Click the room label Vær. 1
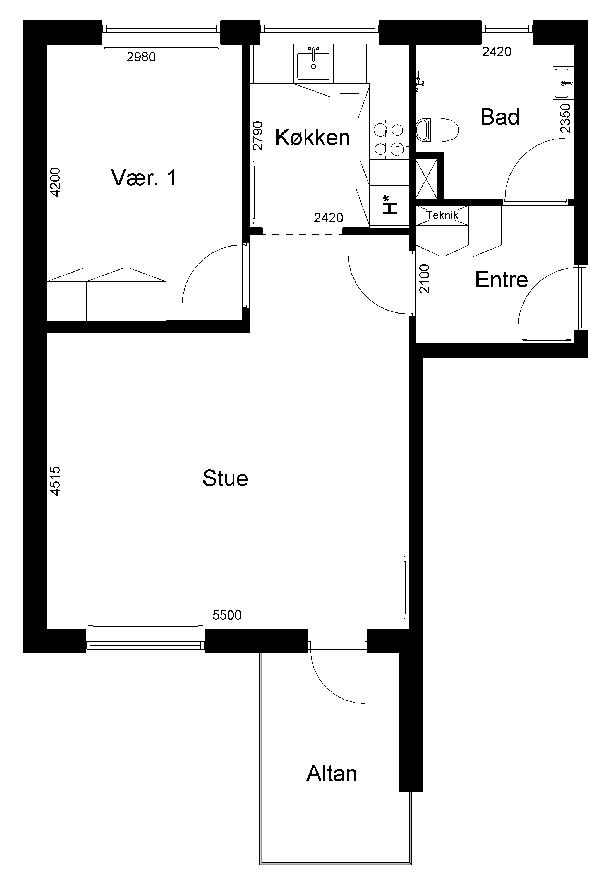144,178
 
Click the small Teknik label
442,215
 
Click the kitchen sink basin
313,66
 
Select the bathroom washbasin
564,83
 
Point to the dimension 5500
227,615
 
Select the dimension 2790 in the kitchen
258,136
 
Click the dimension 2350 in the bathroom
565,118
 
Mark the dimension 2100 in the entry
425,279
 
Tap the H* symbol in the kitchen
389,205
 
